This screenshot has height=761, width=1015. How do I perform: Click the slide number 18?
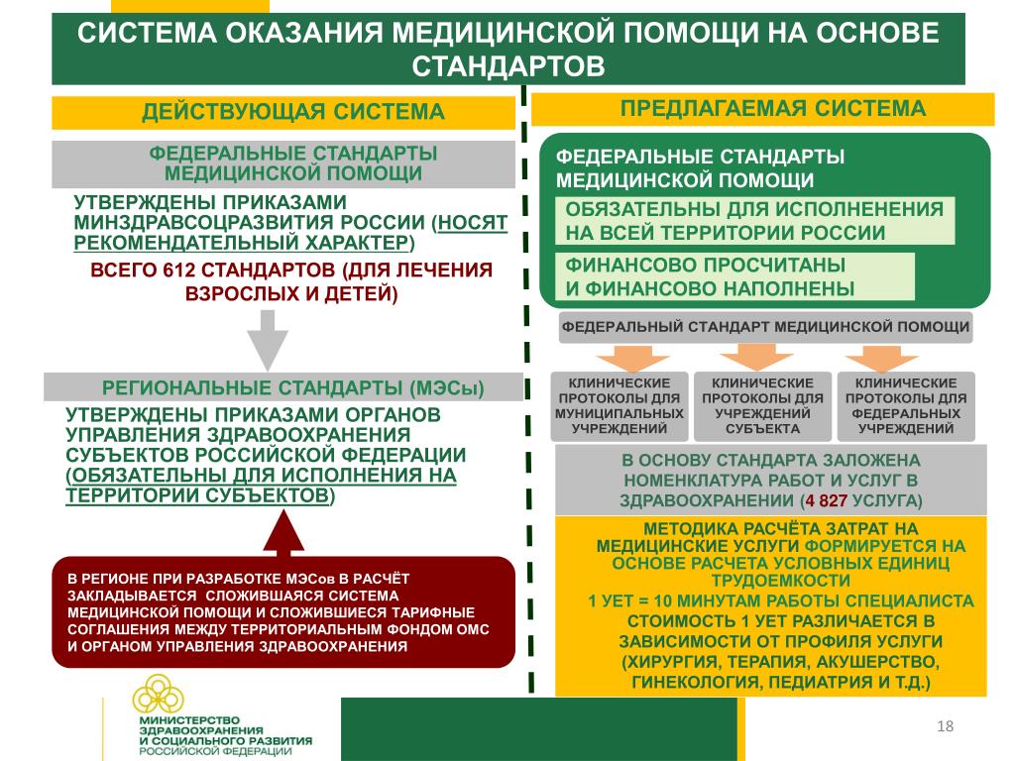(945, 728)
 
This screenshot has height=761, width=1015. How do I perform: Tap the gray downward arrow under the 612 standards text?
(267, 340)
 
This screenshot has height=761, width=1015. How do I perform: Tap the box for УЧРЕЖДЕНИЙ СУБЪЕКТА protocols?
(763, 406)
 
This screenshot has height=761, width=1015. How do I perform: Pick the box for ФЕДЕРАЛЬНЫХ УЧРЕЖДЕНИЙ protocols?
(906, 406)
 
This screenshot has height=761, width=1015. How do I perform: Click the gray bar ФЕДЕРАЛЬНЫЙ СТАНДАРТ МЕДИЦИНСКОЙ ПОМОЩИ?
(766, 327)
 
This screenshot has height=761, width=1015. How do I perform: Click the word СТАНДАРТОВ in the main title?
(508, 65)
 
